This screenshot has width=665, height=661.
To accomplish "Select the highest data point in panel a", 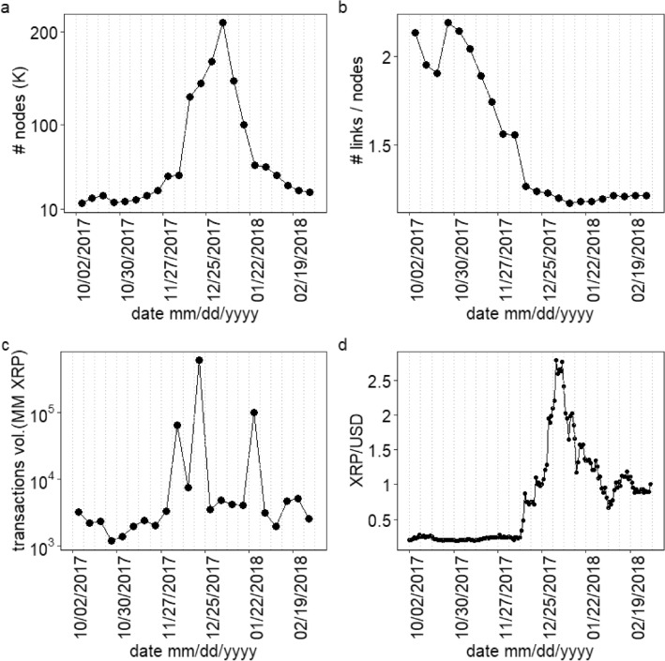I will pyautogui.click(x=222, y=23).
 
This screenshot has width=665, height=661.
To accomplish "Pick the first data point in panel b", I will pyautogui.click(x=415, y=33).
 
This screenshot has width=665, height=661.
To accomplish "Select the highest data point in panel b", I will pyautogui.click(x=448, y=23).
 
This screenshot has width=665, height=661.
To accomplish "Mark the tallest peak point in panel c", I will pyautogui.click(x=199, y=360).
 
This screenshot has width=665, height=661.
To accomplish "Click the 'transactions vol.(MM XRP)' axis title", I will pyautogui.click(x=18, y=450).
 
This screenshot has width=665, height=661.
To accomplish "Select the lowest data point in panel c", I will pyautogui.click(x=112, y=540).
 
